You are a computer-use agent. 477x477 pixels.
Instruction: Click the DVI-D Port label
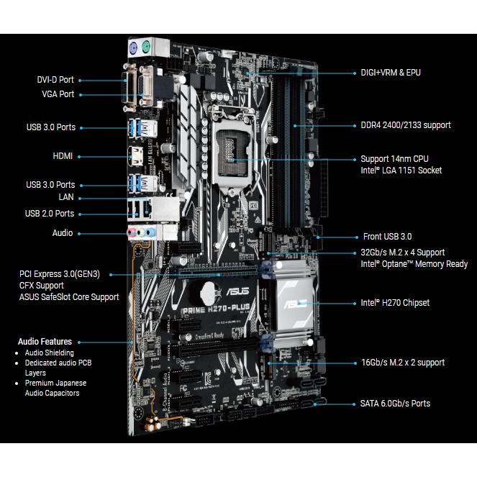[x=55, y=81]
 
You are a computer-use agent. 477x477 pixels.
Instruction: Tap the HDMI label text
[x=63, y=155]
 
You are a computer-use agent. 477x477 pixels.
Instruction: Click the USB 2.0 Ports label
[x=49, y=214]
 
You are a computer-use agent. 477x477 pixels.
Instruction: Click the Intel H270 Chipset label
[x=395, y=303]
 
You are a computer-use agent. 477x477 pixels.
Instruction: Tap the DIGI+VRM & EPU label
[x=391, y=73]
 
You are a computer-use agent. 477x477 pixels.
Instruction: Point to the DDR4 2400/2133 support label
[x=406, y=125]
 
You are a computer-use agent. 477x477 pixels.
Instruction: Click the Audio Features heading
[x=45, y=342]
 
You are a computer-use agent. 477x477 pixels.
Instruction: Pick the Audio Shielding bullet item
[x=50, y=353]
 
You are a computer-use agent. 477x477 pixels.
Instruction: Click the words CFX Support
[x=42, y=286]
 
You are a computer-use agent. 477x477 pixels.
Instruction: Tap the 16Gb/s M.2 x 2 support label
[x=403, y=363]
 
